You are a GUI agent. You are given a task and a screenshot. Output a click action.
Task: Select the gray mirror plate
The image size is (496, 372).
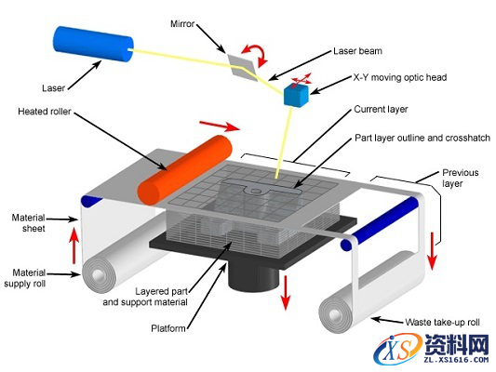click(x=243, y=60)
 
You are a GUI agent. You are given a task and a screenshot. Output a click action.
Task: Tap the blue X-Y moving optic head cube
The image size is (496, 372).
click(x=298, y=95)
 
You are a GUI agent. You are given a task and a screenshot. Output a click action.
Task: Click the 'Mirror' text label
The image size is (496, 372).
click(x=182, y=22)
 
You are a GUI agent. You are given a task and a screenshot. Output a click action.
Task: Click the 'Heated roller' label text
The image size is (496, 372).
click(x=46, y=111)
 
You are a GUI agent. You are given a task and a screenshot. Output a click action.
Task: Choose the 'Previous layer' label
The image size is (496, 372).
click(x=460, y=178)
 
